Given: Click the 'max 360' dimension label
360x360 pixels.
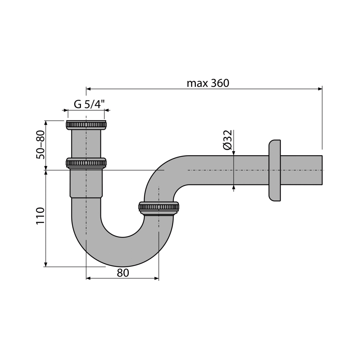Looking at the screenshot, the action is pyautogui.click(x=208, y=83).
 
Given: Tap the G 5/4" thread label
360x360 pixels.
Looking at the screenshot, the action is pyautogui.click(x=89, y=104).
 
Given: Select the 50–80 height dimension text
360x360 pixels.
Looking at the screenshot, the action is pyautogui.click(x=40, y=144).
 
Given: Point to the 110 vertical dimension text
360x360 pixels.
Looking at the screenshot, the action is pyautogui.click(x=40, y=216).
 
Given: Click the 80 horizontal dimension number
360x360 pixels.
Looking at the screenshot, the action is pyautogui.click(x=123, y=273).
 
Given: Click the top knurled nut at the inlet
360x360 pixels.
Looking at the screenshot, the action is pyautogui.click(x=86, y=125).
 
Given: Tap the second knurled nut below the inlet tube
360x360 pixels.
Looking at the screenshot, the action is pyautogui.click(x=86, y=163).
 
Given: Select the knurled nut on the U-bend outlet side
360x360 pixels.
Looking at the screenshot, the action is pyautogui.click(x=159, y=207).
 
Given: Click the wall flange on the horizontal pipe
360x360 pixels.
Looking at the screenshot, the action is pyautogui.click(x=275, y=170).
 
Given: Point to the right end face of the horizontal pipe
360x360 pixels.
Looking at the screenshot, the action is pyautogui.click(x=322, y=170).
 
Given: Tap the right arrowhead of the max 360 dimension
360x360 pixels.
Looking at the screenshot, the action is pyautogui.click(x=320, y=89).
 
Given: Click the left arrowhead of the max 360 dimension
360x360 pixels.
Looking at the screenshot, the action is pyautogui.click(x=89, y=89).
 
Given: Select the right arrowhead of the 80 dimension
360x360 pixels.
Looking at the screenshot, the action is pyautogui.click(x=157, y=279).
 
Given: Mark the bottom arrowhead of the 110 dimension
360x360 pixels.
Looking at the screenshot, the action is pyautogui.click(x=46, y=265).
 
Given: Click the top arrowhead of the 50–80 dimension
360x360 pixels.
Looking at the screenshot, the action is pyautogui.click(x=46, y=123).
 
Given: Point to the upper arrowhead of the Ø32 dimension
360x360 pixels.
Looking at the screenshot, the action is pyautogui.click(x=234, y=153).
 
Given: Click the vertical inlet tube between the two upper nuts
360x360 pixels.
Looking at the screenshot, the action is pyautogui.click(x=86, y=144).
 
